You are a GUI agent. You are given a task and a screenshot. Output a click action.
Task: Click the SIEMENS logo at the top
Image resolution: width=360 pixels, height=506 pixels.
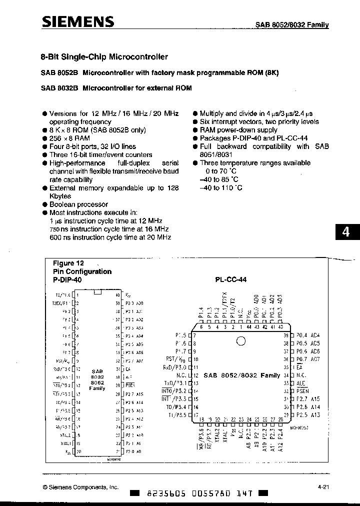coord(77,21)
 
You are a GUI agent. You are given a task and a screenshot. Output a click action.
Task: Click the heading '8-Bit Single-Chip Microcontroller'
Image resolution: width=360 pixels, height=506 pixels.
coord(104,57)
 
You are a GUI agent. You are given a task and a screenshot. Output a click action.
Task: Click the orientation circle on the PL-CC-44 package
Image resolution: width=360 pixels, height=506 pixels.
coord(240,341)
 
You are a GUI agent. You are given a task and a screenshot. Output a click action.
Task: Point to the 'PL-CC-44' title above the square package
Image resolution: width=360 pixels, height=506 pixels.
coord(230,280)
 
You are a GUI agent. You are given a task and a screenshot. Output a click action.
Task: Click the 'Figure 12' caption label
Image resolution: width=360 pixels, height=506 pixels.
coord(68,263)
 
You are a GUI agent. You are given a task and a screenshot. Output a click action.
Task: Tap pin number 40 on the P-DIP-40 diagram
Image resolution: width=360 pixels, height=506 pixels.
coord(117,295)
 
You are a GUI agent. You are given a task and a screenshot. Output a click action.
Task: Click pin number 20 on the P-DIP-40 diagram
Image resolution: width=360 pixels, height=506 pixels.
coord(78,452)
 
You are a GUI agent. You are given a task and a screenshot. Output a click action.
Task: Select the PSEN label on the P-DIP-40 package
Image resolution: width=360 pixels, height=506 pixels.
coord(130,385)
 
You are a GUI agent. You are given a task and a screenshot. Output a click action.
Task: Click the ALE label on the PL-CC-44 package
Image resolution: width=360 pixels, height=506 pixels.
coord(301,382)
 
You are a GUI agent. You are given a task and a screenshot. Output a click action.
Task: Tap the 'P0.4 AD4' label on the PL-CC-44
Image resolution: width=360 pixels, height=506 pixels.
coord(308,335)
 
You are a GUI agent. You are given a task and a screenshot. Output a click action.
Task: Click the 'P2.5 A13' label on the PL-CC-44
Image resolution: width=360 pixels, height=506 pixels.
coord(308,415)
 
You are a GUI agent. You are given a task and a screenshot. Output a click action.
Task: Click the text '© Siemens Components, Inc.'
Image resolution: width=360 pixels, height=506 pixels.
coord(80,486)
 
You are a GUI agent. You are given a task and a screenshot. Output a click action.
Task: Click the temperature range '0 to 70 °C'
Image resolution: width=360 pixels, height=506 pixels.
coord(218,171)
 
